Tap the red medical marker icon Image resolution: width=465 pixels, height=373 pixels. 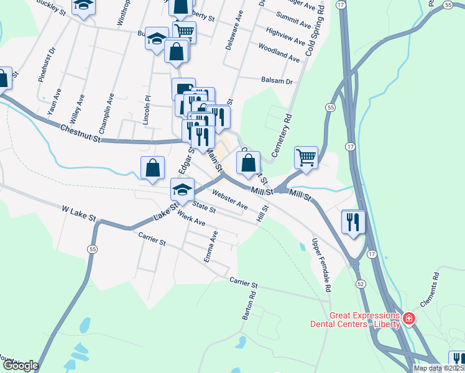pyautogui.click(x=408, y=320)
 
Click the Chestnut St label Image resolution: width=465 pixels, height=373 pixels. pyautogui.click(x=80, y=134)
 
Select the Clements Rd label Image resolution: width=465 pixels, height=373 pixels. pyautogui.click(x=433, y=290)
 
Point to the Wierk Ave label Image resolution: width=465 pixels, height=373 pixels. pyautogui.click(x=191, y=218)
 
